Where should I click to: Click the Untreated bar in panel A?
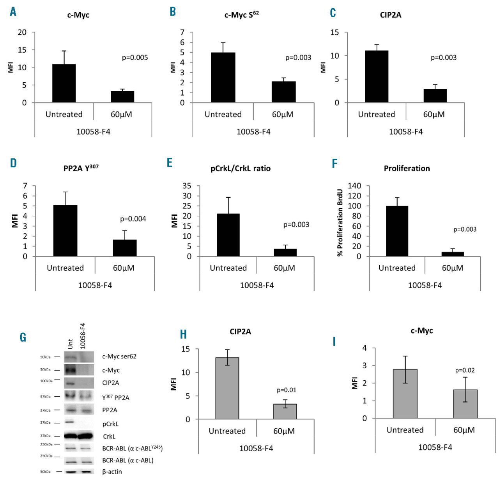pyautogui.click(x=64, y=83)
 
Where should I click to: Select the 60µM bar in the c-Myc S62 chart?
pyautogui.click(x=283, y=92)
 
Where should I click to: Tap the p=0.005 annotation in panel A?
pyautogui.click(x=135, y=58)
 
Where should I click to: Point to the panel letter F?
pyautogui.click(x=334, y=163)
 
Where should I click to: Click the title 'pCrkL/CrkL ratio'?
pyautogui.click(x=240, y=169)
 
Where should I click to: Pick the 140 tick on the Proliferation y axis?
pyautogui.click(x=354, y=186)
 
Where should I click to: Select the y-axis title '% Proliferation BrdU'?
pyautogui.click(x=340, y=223)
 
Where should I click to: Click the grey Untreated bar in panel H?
pyautogui.click(x=227, y=388)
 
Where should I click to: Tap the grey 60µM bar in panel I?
pyautogui.click(x=465, y=404)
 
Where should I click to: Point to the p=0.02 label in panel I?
pyautogui.click(x=465, y=370)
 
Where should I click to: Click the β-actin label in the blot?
pyautogui.click(x=112, y=472)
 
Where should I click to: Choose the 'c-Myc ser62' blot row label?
pyautogui.click(x=119, y=356)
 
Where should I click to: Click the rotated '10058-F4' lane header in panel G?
pyautogui.click(x=83, y=335)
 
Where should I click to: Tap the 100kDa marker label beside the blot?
pyautogui.click(x=46, y=381)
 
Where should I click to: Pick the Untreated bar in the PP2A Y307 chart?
pyautogui.click(x=65, y=231)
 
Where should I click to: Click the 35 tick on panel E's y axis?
pyautogui.click(x=187, y=186)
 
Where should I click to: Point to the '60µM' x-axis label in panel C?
pyautogui.click(x=434, y=114)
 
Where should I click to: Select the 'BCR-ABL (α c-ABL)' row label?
pyautogui.click(x=128, y=460)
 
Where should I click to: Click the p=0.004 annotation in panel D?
pyautogui.click(x=133, y=219)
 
